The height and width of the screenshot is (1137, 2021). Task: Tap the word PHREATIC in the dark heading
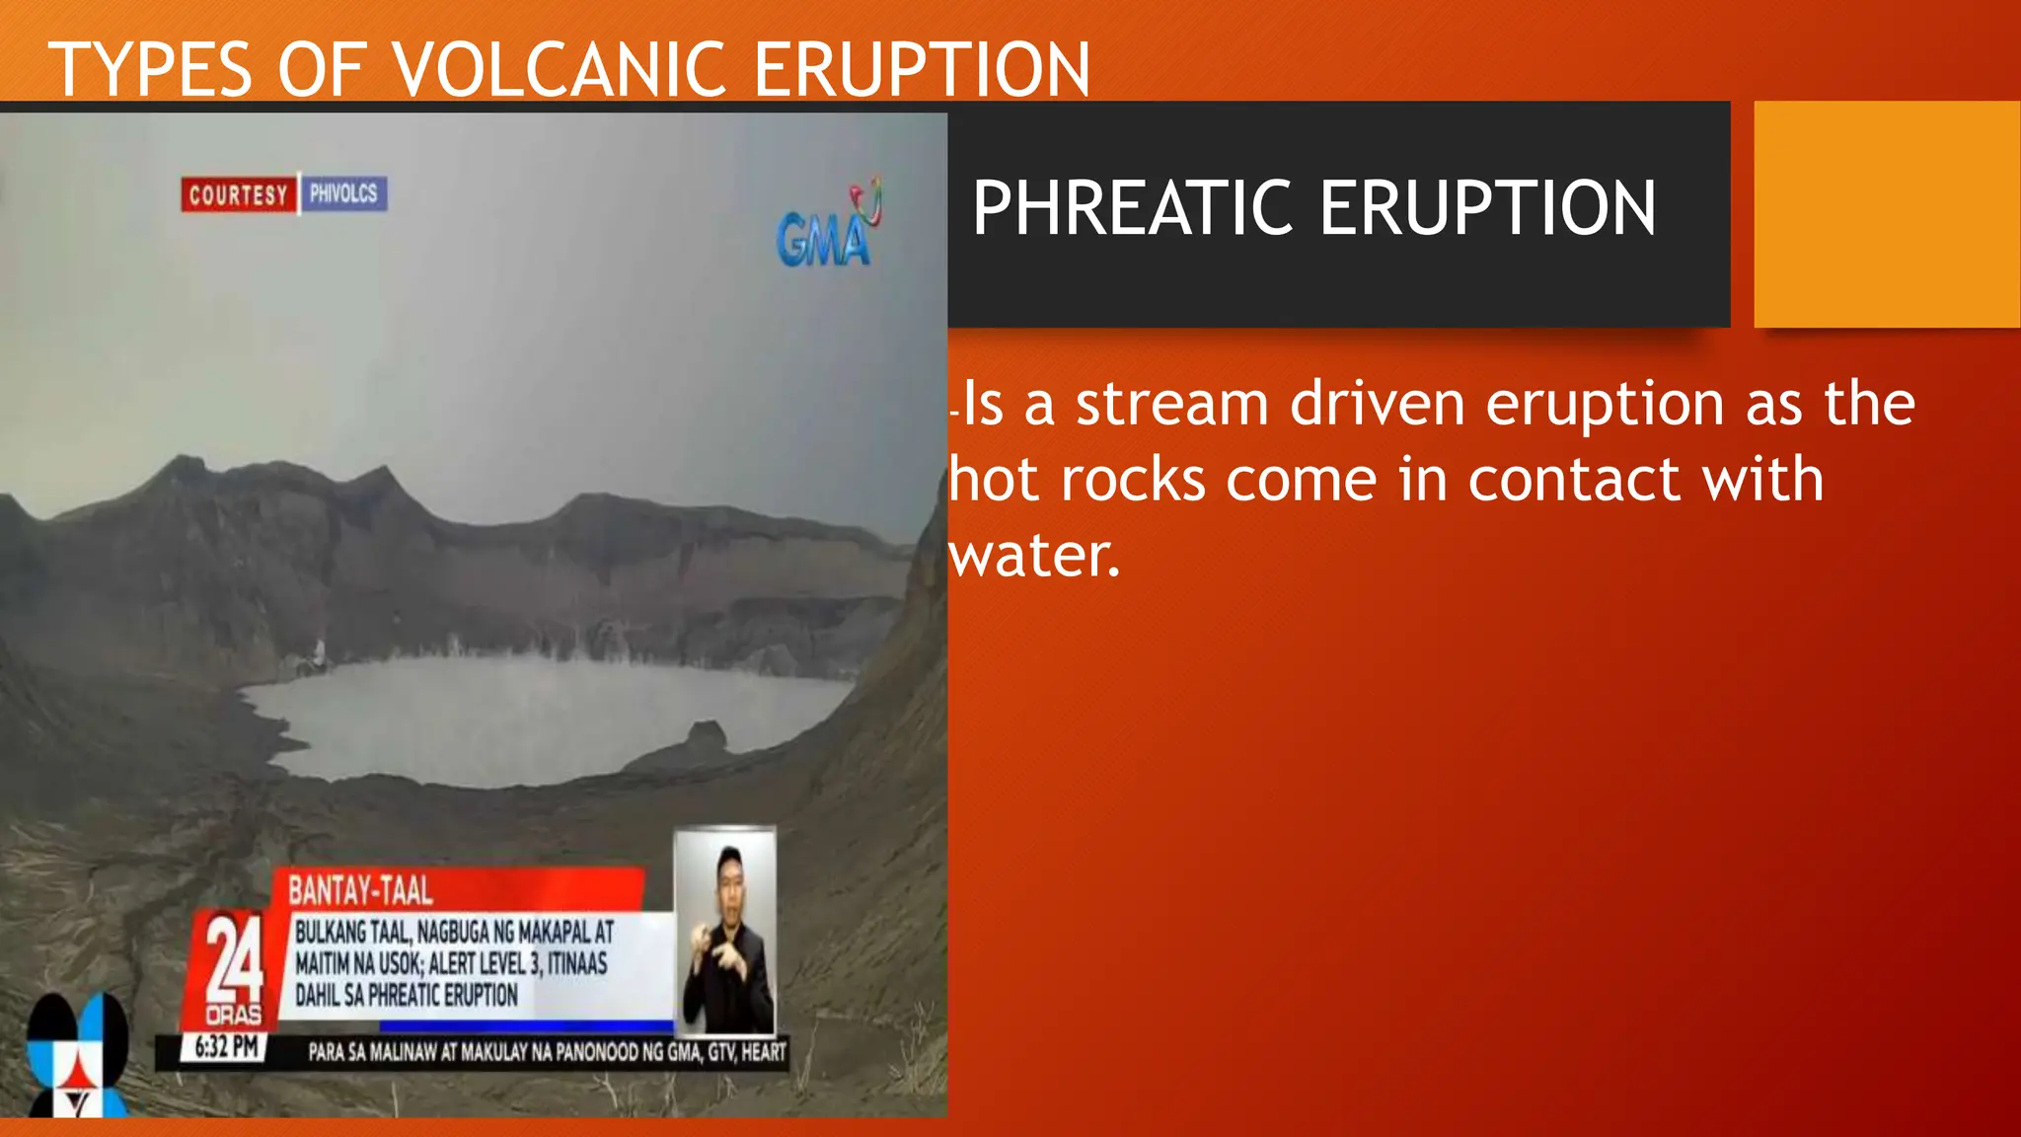click(x=1133, y=208)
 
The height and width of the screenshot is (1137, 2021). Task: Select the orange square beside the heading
click(x=1886, y=213)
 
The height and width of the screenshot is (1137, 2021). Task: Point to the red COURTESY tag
click(x=238, y=194)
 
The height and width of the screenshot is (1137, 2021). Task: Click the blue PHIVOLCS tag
click(x=343, y=193)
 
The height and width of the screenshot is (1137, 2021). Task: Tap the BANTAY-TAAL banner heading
click(x=360, y=891)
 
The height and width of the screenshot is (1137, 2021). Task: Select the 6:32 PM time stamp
click(x=226, y=1047)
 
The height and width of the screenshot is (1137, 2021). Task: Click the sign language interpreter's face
click(x=729, y=876)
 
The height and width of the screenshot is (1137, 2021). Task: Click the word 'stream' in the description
click(x=1171, y=404)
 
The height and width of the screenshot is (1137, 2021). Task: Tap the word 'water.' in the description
click(x=1034, y=556)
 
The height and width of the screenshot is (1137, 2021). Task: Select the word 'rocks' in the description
click(x=1133, y=480)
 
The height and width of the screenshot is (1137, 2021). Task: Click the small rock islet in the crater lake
click(x=706, y=735)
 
